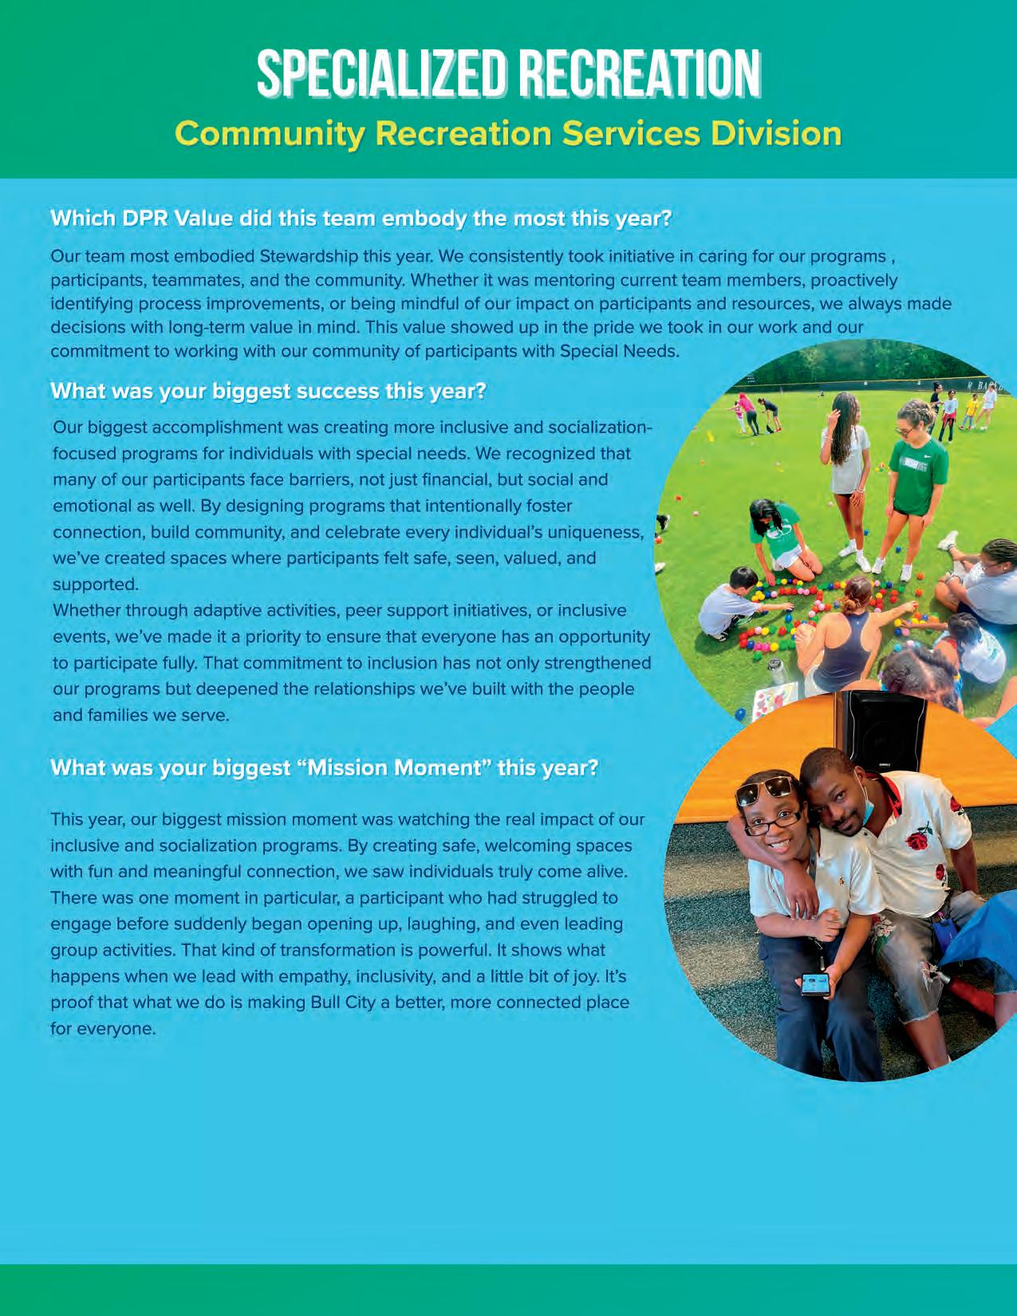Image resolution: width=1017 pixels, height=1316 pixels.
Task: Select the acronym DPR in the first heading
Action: coord(145,219)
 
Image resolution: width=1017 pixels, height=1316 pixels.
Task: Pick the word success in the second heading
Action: coord(338,391)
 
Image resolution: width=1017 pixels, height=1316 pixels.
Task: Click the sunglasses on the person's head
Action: coord(766,790)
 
